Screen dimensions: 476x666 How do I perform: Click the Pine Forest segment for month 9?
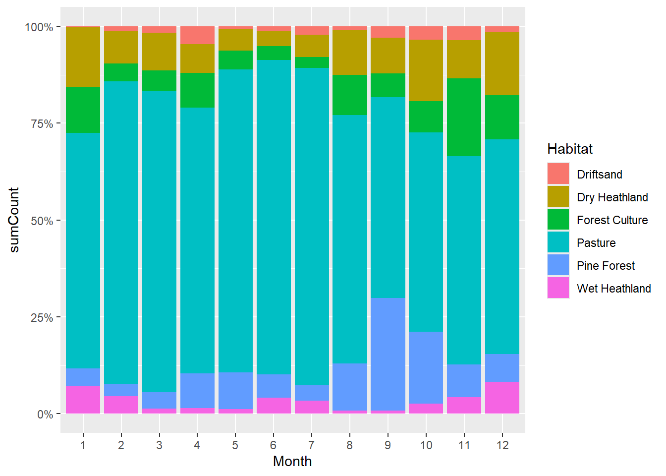[x=388, y=354]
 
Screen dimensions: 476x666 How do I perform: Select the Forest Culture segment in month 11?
[x=464, y=117]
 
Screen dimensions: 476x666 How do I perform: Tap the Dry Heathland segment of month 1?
[x=83, y=57]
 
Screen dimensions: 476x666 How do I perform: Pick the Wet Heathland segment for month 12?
[x=502, y=397]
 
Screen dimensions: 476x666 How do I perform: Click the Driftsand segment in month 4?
[x=198, y=35]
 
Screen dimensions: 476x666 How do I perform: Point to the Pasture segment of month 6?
[x=274, y=217]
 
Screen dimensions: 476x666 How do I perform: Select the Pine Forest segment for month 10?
[x=426, y=367]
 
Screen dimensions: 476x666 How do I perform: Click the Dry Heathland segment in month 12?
[x=502, y=63]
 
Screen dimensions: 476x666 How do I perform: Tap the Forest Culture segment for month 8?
[x=350, y=95]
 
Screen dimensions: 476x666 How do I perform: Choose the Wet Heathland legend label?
[x=613, y=289]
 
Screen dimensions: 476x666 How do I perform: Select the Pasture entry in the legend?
[x=596, y=243]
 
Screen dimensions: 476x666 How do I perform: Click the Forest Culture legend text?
[x=612, y=220]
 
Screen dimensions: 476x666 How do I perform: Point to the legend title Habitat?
[x=570, y=149]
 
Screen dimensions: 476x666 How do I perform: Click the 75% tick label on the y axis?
[x=42, y=124]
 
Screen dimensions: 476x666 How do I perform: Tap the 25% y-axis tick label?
[x=42, y=318]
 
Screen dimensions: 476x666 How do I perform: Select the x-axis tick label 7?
[x=312, y=445]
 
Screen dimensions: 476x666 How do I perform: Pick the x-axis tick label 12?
[x=502, y=445]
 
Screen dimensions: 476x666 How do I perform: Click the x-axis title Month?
[x=292, y=462]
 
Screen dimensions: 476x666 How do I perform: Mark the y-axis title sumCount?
[x=14, y=220]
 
